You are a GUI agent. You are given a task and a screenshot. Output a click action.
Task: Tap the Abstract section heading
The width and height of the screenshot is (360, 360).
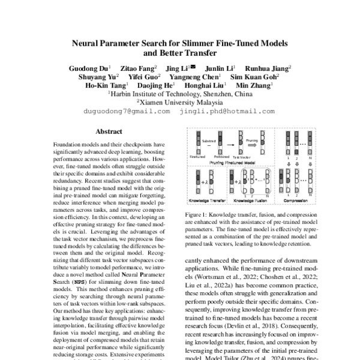(109, 131)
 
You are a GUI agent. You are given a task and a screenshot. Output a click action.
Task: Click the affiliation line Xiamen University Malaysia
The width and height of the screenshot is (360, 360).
(180, 103)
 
